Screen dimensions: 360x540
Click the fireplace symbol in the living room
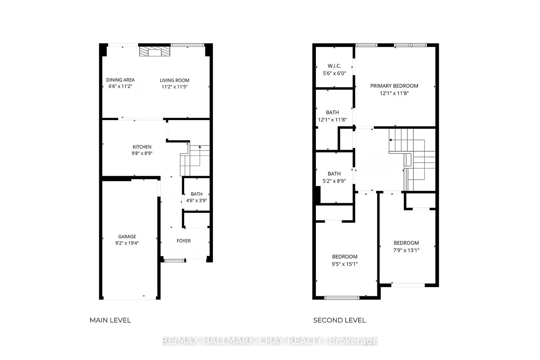click(155, 52)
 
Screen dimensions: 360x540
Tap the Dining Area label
click(120, 80)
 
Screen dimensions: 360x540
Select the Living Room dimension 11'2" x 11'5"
click(174, 87)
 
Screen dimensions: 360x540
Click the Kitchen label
click(142, 147)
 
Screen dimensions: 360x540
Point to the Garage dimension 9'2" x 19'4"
click(127, 243)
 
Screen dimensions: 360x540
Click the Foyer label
click(184, 241)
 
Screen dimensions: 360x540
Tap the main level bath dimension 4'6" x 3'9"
click(196, 200)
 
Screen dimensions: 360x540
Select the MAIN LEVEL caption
click(110, 320)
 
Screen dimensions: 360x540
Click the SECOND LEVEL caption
click(339, 320)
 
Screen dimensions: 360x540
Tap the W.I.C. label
click(334, 66)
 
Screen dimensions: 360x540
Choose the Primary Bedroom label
click(394, 86)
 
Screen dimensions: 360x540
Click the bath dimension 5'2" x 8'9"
click(334, 181)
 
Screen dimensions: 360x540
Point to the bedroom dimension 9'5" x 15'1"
click(345, 264)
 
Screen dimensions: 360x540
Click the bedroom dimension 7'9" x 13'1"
click(406, 250)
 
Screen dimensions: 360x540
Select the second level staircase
click(413, 159)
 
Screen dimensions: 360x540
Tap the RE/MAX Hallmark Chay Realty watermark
click(270, 341)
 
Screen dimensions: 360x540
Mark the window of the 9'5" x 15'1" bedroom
click(342, 298)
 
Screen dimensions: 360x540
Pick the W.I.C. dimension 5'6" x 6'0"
click(334, 73)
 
